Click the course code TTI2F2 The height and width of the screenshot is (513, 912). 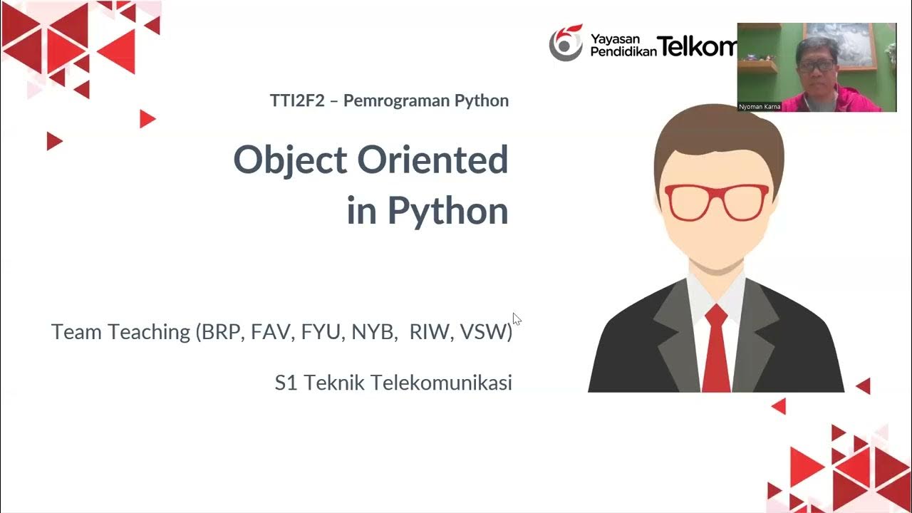point(297,100)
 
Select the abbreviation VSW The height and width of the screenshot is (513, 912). point(484,331)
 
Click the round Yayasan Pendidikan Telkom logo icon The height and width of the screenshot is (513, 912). point(565,43)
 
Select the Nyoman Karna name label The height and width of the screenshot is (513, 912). point(760,107)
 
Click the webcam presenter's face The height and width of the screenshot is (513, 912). point(816,68)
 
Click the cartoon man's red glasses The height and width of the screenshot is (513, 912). point(716,202)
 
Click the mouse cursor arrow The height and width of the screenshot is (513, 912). point(517,318)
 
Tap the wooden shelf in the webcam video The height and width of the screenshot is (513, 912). point(757,66)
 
